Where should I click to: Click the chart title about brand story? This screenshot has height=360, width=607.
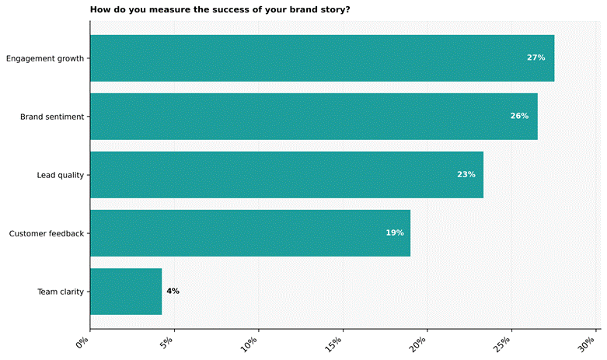[220, 10]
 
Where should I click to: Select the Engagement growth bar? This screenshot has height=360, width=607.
[322, 58]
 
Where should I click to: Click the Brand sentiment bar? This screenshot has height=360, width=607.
[313, 117]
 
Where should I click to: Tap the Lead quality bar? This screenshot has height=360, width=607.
[286, 175]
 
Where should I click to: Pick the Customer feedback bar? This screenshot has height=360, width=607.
[249, 233]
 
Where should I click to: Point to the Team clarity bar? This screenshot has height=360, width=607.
[126, 292]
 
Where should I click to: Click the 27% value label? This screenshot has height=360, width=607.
[535, 58]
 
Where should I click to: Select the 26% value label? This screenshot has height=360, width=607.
[519, 117]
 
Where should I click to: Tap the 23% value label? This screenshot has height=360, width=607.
[466, 175]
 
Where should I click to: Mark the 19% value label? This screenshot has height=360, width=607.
[394, 233]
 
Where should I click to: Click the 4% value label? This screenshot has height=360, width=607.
[173, 292]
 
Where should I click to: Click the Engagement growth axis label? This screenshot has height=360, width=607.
[44, 58]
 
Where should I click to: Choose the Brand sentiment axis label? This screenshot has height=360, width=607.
[52, 117]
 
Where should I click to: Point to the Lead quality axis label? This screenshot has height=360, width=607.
[60, 175]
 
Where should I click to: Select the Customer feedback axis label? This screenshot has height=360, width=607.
[46, 233]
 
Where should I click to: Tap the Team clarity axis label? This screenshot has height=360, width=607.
[61, 292]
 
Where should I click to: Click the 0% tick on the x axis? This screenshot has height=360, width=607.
[84, 341]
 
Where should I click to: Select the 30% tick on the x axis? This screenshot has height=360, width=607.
[588, 343]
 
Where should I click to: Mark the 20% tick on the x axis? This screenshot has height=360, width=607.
[420, 343]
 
